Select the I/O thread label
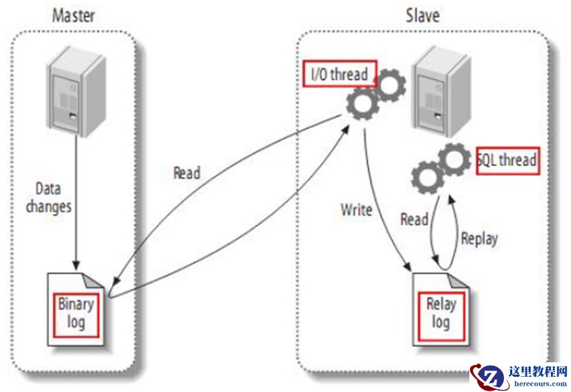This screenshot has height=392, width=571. (339, 74)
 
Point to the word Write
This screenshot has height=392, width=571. (357, 208)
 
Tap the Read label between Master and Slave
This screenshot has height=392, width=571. (186, 172)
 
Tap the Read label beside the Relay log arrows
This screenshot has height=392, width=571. (414, 220)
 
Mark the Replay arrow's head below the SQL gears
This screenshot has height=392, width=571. (449, 198)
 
